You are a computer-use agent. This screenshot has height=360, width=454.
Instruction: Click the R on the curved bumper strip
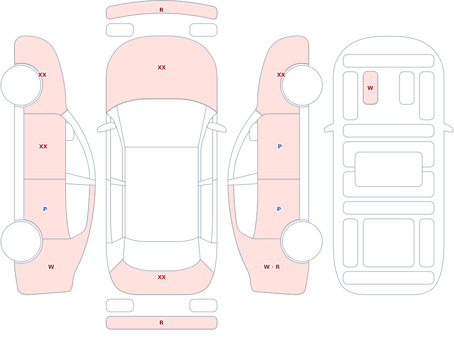tap(161, 10)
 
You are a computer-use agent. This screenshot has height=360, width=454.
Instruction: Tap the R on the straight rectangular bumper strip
tap(161, 323)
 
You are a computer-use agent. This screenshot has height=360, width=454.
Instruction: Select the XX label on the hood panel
tap(162, 68)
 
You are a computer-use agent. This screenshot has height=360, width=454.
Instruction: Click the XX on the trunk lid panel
tap(162, 277)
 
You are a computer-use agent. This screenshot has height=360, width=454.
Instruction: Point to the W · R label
tap(271, 267)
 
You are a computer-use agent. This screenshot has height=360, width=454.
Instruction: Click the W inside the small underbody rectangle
tap(370, 88)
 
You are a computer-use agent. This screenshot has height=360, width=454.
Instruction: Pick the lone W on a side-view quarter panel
tap(51, 267)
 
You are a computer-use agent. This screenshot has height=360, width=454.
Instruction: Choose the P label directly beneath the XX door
tap(45, 209)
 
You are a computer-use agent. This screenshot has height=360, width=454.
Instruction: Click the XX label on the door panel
tap(43, 147)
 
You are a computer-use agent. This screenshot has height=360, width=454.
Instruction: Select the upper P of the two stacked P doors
tap(280, 147)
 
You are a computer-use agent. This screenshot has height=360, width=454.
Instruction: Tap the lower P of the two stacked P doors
tap(279, 209)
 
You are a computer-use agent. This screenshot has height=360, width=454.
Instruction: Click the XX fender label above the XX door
tap(42, 75)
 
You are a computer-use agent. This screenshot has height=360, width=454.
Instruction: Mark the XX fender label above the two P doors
tap(281, 75)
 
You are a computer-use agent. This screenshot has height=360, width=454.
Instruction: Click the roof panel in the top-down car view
tap(162, 194)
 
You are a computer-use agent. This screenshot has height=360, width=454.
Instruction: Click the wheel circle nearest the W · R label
tap(302, 241)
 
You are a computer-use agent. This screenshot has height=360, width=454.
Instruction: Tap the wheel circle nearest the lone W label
tap(21, 241)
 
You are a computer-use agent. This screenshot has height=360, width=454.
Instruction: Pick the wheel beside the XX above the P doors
tap(302, 85)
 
